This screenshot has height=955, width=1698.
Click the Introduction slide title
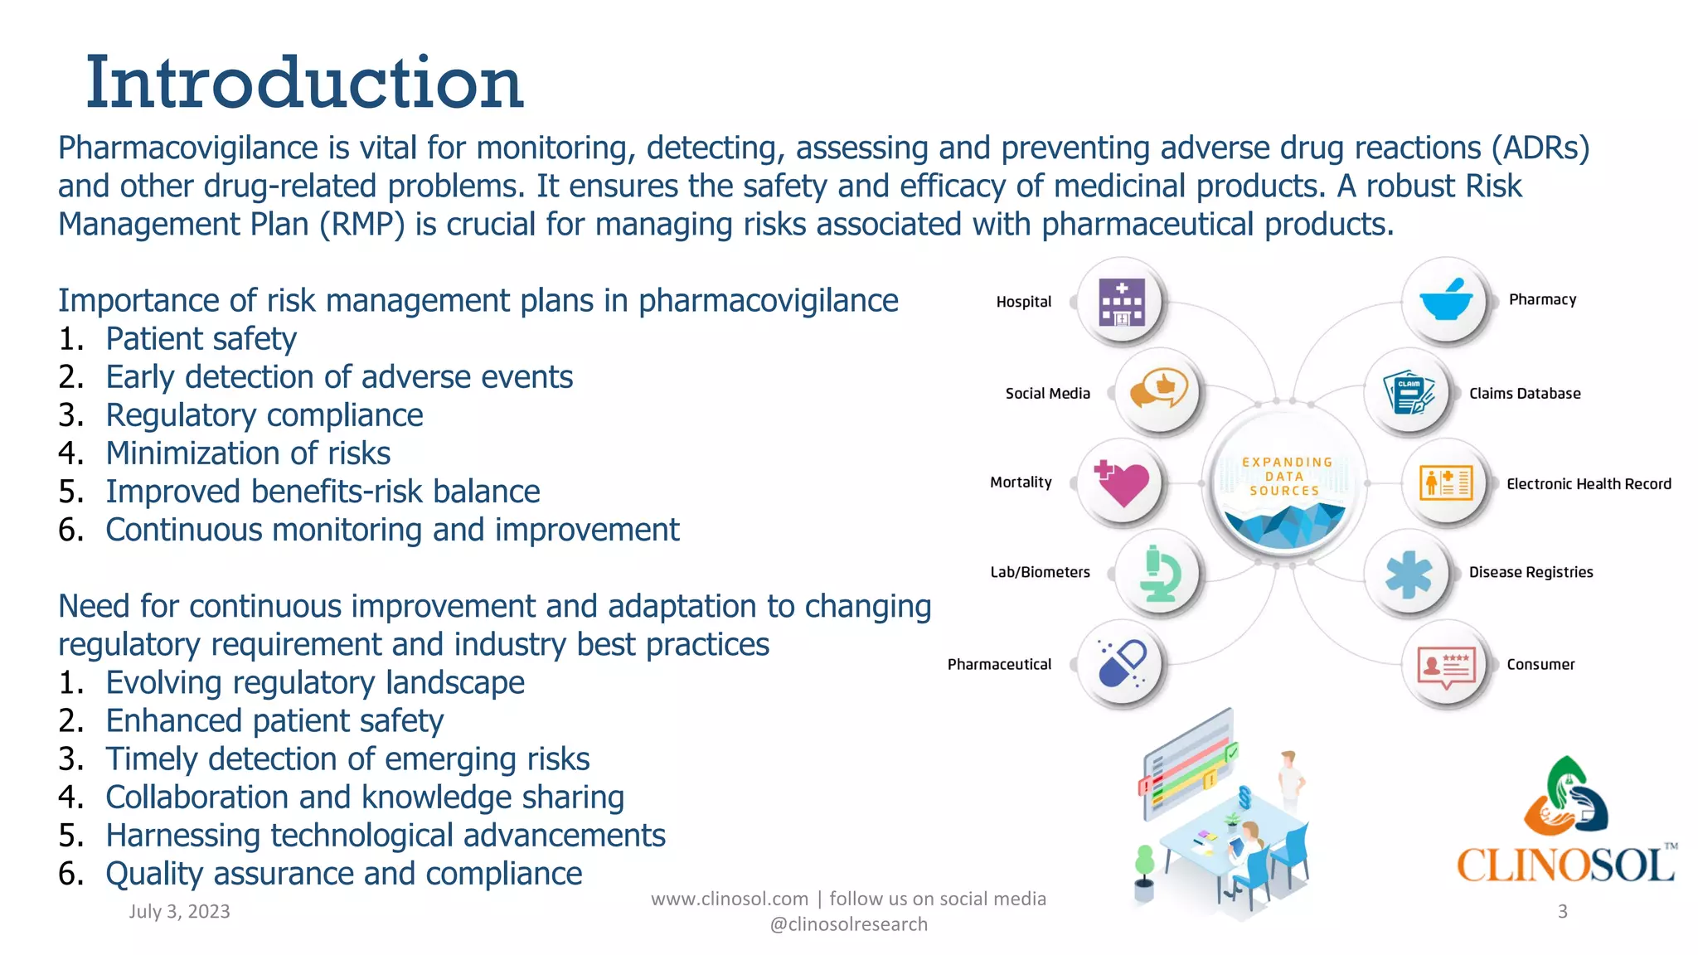pos(304,82)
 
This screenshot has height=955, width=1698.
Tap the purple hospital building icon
pos(1122,302)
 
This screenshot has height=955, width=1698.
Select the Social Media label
pos(1047,394)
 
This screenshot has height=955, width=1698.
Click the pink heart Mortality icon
pos(1122,482)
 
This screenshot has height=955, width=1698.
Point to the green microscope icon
pos(1159,573)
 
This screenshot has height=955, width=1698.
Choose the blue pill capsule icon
pos(1122,663)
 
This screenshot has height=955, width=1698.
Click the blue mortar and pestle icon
pos(1446,300)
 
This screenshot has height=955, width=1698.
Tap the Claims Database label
pos(1524,394)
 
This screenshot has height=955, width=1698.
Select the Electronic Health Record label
pos(1588,484)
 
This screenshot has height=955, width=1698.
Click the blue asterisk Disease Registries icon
pos(1409,574)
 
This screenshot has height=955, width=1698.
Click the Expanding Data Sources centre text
pos(1285,477)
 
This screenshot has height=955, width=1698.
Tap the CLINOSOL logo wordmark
pos(1565,865)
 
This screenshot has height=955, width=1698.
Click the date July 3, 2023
pos(179,912)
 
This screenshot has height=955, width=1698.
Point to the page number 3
pos(1562,912)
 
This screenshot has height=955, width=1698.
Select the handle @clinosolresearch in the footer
pos(848,924)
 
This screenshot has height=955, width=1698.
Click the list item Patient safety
pos(201,339)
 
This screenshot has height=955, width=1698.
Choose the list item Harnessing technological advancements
pos(386,836)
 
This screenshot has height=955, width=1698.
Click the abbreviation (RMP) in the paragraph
pos(362,225)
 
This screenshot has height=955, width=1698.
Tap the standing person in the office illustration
pos(1289,779)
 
